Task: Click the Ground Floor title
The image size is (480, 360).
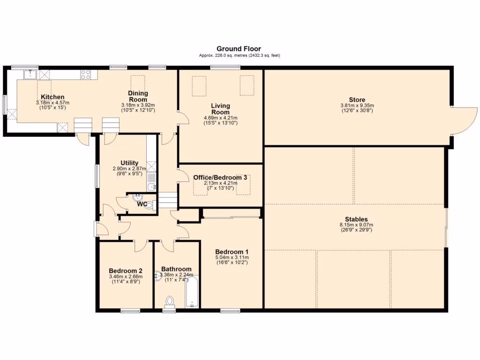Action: point(239,49)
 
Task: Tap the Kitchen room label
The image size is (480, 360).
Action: point(52,97)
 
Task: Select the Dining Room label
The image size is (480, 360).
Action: point(138,96)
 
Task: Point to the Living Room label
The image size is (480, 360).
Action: point(220,109)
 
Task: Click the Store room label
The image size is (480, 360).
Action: point(357,100)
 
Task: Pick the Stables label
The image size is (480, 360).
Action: point(356,219)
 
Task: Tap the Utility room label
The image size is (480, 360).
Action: point(129,163)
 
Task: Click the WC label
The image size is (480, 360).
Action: point(142,204)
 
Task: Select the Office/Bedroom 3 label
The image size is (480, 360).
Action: point(220,178)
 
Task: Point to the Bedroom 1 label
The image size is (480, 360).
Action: point(232,252)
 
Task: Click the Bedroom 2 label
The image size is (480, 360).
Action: point(126,271)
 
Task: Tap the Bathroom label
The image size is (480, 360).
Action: point(176,269)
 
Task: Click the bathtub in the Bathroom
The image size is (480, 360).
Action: point(192,292)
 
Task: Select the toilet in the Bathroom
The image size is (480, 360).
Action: point(169,301)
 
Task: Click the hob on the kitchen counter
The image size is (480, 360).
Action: point(85,75)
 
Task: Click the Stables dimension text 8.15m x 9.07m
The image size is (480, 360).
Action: point(356,225)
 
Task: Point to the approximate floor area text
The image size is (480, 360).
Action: point(240,55)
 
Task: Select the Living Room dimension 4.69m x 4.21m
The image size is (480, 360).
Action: point(220,118)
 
